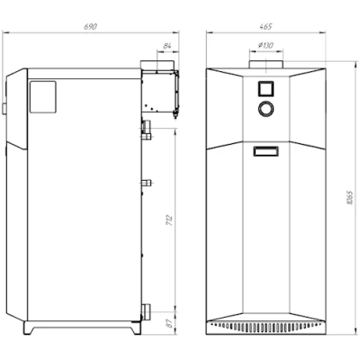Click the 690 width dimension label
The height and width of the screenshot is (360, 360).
(90, 27)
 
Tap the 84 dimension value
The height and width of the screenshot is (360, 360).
(167, 46)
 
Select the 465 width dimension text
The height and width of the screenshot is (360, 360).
(265, 27)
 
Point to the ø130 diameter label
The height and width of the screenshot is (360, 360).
(265, 46)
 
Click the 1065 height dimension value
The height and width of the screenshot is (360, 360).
(349, 197)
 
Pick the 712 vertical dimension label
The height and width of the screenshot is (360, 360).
(169, 220)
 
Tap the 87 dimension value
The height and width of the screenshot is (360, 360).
(170, 323)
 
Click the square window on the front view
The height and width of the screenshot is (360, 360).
(265, 88)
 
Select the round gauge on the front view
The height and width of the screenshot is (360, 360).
(265, 108)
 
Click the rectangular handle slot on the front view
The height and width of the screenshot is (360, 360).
(265, 151)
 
